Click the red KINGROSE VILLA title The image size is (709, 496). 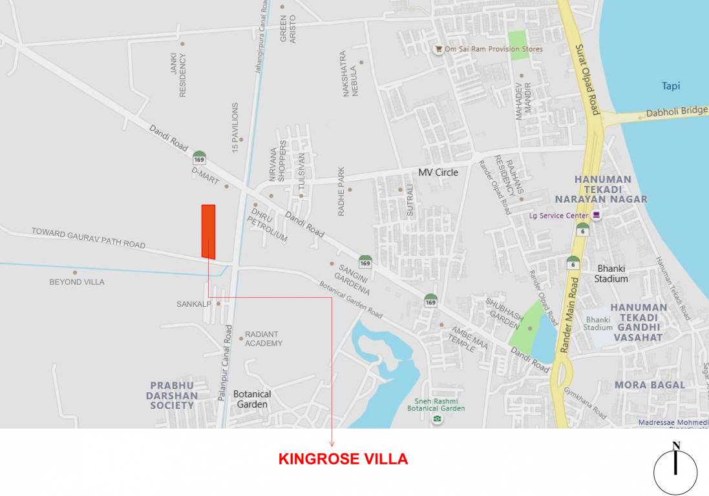point(343,459)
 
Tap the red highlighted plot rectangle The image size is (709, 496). point(208,231)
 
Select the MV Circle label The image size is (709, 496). point(438,172)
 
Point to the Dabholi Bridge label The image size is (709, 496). point(677,112)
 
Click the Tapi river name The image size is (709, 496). point(671,86)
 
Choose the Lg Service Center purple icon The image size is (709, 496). point(597,215)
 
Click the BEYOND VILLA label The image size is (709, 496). point(77,282)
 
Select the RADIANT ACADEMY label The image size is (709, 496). point(263,339)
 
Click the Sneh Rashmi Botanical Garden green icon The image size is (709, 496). point(438,419)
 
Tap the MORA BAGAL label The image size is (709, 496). point(650,385)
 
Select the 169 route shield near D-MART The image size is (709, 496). point(199,158)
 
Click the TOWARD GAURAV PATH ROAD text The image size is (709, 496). point(89,238)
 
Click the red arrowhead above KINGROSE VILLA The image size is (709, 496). point(332,443)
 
